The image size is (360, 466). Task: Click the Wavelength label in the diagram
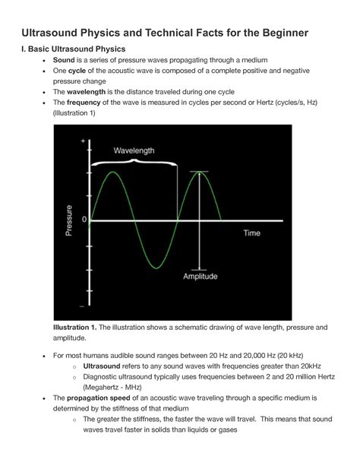click(134, 151)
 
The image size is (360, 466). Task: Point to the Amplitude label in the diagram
click(201, 277)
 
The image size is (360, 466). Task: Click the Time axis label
click(251, 233)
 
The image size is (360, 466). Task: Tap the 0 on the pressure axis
click(84, 220)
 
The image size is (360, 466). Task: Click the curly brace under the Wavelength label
click(134, 163)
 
